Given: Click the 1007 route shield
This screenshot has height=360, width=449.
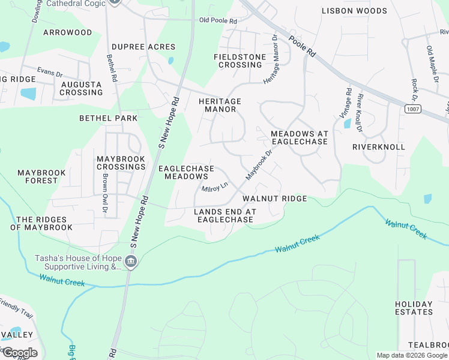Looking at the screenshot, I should click(412, 109).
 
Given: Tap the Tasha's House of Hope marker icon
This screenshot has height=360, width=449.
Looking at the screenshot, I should click(130, 262).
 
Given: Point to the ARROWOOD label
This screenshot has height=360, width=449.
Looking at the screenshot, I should click(68, 32).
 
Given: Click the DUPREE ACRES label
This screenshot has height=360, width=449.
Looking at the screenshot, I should click(143, 47).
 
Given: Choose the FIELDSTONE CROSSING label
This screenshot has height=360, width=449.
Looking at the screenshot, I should click(240, 61).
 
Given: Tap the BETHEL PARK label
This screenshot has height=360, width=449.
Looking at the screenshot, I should click(109, 119).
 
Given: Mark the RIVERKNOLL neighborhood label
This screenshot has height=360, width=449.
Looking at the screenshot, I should click(379, 147).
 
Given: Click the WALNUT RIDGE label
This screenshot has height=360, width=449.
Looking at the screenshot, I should click(275, 199).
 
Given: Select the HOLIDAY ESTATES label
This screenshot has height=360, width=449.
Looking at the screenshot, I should click(414, 308).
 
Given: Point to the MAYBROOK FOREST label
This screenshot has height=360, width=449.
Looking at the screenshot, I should click(41, 176).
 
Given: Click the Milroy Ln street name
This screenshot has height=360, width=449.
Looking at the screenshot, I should click(215, 188).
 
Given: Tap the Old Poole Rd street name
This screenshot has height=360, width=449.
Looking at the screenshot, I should click(218, 21).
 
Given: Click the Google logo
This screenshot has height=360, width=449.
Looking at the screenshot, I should click(19, 353).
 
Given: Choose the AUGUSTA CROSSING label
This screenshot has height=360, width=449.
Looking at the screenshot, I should click(82, 88).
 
